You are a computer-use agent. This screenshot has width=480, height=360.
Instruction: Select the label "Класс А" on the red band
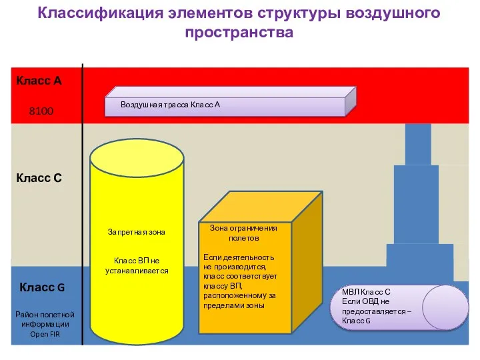tap(39, 81)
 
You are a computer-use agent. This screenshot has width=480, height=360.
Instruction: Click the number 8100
tap(41, 111)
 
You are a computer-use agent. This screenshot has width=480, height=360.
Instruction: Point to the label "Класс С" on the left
tap(39, 178)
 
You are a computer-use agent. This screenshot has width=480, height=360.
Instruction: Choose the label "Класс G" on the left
tap(42, 287)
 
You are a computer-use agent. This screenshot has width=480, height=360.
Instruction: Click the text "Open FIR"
tap(45, 334)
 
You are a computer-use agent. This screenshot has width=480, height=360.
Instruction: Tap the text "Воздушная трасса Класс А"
tap(170, 105)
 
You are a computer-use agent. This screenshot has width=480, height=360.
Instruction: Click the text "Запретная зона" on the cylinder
tap(136, 232)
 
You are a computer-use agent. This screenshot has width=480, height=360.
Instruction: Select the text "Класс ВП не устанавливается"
tap(136, 265)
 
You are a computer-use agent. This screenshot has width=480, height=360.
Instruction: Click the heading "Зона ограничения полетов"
tap(243, 233)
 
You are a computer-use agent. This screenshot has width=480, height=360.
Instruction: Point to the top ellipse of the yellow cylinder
tap(137, 156)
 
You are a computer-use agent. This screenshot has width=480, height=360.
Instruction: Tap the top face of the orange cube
tap(260, 207)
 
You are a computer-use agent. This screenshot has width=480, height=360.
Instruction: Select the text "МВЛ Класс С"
tap(366, 292)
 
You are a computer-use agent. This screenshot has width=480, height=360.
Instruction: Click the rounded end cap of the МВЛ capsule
tap(445, 307)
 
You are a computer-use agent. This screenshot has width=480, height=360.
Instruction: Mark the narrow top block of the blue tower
tap(418, 143)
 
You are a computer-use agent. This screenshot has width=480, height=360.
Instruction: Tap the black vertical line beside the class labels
tap(83, 200)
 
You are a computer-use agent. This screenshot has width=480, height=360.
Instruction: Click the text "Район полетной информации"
tap(45, 319)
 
